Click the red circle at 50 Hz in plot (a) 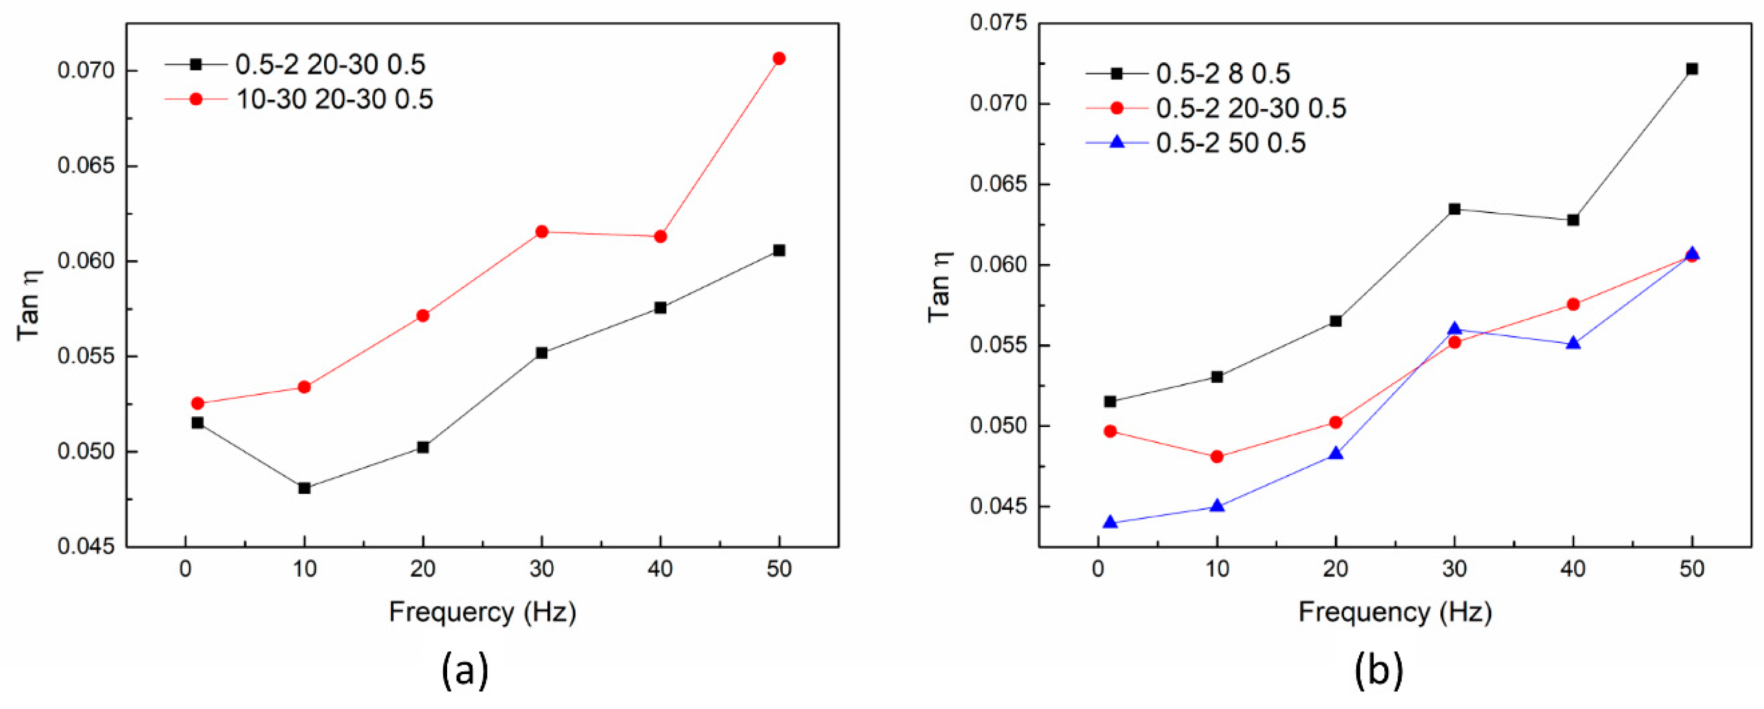[779, 59]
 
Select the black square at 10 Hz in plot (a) [305, 488]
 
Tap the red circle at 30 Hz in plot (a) [542, 232]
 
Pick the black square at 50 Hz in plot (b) [1691, 69]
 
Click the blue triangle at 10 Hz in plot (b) [1217, 506]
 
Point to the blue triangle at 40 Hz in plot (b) [1573, 343]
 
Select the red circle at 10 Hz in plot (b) [1217, 456]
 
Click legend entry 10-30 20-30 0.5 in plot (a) [334, 100]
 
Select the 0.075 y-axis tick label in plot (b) [998, 23]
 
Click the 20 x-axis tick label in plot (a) [423, 569]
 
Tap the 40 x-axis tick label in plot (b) [1573, 569]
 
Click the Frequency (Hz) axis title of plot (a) [482, 612]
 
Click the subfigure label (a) [465, 671]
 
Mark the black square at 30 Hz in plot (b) [1455, 209]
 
